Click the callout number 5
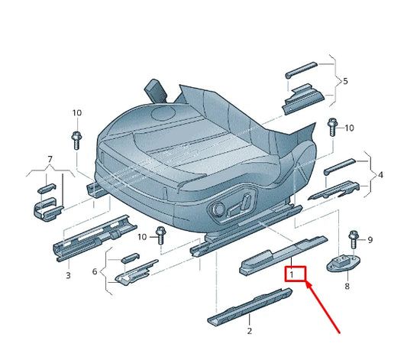click(345, 81)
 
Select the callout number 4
click(380, 175)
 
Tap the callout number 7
click(50, 160)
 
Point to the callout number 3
click(68, 275)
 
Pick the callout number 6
click(95, 271)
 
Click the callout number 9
click(370, 240)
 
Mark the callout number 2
click(249, 331)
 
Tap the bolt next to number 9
click(353, 239)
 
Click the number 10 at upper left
click(76, 113)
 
